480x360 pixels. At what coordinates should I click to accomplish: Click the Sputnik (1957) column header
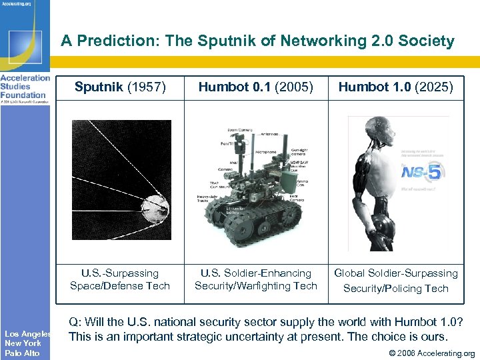pyautogui.click(x=120, y=87)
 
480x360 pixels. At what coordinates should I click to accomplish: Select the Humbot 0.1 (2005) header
pyautogui.click(x=255, y=87)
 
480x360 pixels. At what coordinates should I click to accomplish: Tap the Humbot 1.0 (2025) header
pyautogui.click(x=395, y=87)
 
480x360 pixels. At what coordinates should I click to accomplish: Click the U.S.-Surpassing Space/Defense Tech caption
pyautogui.click(x=120, y=279)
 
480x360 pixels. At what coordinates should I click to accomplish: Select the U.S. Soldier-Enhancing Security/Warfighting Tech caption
pyautogui.click(x=255, y=279)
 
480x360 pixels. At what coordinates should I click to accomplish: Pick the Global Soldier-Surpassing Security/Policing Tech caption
pyautogui.click(x=395, y=280)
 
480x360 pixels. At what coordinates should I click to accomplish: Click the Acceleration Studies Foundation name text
pyautogui.click(x=25, y=86)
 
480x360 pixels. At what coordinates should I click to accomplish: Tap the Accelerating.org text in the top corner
pyautogui.click(x=18, y=4)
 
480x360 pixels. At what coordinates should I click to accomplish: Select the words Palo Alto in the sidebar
pyautogui.click(x=22, y=353)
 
